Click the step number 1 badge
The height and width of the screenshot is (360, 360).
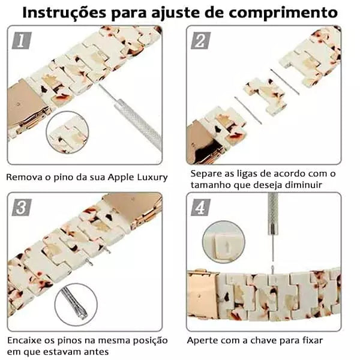(22, 40)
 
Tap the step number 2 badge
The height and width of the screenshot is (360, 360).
(200, 40)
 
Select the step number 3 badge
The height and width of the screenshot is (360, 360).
(22, 208)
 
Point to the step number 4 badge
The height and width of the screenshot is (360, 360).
(200, 208)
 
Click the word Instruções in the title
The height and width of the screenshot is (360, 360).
(64, 13)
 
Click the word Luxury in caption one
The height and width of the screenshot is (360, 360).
(152, 177)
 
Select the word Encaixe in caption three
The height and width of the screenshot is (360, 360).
(24, 340)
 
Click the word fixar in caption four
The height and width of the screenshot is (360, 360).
(312, 340)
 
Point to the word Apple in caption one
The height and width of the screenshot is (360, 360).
(121, 177)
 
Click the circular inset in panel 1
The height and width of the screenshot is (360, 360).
(67, 133)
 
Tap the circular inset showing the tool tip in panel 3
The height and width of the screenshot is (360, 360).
(76, 304)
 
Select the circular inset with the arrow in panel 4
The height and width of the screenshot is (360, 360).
(223, 242)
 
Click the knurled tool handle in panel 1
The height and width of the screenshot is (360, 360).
(139, 124)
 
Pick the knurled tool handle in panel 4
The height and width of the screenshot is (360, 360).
(273, 213)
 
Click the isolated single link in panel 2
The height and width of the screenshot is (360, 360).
(266, 97)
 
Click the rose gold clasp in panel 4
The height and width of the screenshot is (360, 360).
(203, 295)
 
